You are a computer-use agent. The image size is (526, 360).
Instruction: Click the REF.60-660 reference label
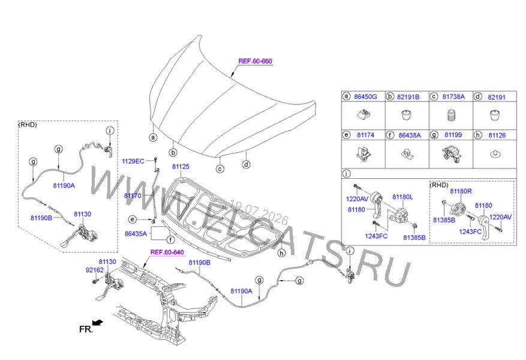click(256, 61)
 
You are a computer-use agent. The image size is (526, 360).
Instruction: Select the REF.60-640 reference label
click(167, 253)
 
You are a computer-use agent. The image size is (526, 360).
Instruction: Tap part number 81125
click(181, 166)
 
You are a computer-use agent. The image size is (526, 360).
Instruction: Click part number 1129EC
click(133, 161)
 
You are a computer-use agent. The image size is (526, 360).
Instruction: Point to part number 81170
click(133, 196)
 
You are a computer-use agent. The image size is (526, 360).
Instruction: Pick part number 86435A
click(136, 233)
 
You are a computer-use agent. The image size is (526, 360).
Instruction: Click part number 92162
click(95, 270)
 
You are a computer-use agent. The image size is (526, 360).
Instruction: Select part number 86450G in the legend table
click(366, 97)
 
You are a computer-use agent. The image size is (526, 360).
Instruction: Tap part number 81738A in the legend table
click(453, 97)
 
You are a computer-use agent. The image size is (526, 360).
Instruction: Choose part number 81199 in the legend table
click(453, 134)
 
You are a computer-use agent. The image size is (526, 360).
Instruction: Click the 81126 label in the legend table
click(497, 135)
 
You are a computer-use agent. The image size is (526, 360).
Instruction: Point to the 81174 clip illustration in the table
click(363, 154)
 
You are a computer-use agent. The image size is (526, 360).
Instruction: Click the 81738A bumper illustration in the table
click(451, 116)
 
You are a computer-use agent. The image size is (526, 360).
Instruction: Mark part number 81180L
click(402, 197)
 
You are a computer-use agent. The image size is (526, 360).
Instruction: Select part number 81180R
click(461, 191)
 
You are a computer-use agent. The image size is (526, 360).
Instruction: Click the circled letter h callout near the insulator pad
click(281, 253)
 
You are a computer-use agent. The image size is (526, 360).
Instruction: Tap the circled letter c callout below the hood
click(220, 169)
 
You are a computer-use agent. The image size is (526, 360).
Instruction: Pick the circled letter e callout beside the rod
click(133, 220)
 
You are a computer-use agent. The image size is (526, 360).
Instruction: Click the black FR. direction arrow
click(98, 323)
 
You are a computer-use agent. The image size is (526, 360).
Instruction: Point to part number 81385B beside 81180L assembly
click(414, 238)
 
